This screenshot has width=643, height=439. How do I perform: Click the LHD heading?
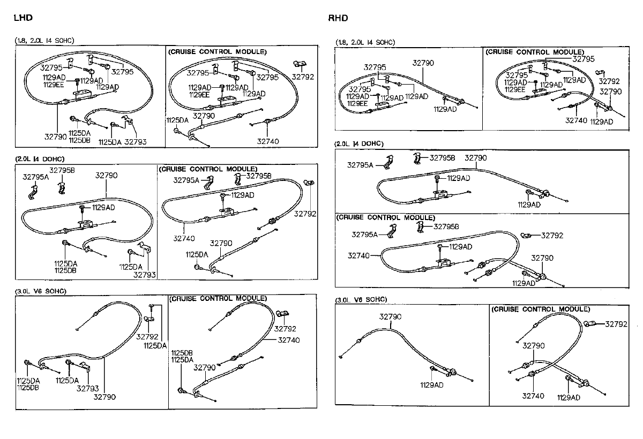point(23,18)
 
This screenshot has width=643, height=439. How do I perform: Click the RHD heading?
point(338,18)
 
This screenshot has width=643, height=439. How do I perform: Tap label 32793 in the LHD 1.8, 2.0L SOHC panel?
point(136,142)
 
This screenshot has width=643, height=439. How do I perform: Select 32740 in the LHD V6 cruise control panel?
point(289,340)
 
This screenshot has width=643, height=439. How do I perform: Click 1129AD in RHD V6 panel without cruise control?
point(432,384)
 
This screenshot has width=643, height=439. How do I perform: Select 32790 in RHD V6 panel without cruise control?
point(390,317)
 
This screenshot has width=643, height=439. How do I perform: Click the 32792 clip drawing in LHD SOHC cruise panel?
point(298,64)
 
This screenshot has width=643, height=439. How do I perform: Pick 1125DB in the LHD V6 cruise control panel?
point(182,353)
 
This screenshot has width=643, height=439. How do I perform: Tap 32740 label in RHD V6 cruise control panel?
point(533,396)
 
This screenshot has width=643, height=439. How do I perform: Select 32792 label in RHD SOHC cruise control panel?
point(609,81)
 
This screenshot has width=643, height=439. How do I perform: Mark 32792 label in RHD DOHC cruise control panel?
point(552,235)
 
